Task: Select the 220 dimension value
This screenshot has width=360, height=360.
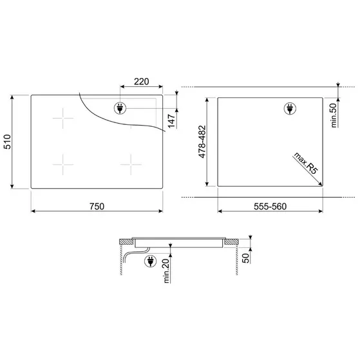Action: pyautogui.click(x=142, y=81)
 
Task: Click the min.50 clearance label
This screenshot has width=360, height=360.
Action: pyautogui.click(x=334, y=115)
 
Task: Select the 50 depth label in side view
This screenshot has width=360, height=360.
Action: pyautogui.click(x=247, y=258)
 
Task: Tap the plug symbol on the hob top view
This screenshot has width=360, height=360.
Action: pyautogui.click(x=120, y=109)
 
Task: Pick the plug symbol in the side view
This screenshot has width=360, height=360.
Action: pyautogui.click(x=151, y=261)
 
